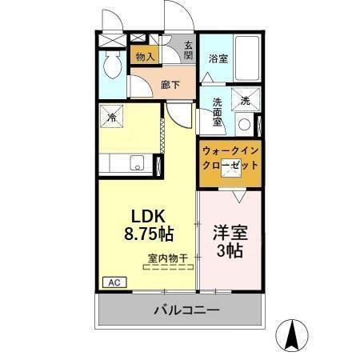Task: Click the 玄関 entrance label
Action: tap(188, 50)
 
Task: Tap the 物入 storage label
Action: tap(145, 57)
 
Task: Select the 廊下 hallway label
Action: tap(169, 84)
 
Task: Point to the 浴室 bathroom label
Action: tap(218, 58)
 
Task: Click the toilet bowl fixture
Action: tap(113, 66)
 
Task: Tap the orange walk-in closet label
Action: tap(230, 157)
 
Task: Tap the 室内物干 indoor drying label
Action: tap(167, 258)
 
